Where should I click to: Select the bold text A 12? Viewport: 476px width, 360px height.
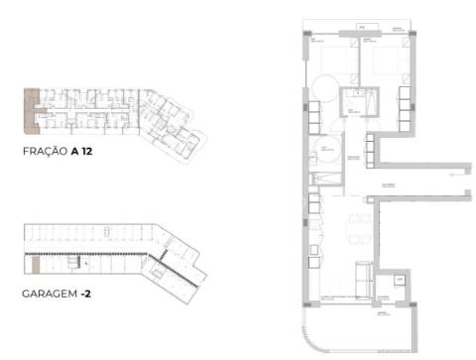coord(96,153)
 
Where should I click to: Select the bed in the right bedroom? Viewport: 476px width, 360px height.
coord(378,60)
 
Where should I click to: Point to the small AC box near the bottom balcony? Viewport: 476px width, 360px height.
coord(400,281)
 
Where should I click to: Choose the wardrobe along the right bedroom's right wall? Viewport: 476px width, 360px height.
coord(404,107)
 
